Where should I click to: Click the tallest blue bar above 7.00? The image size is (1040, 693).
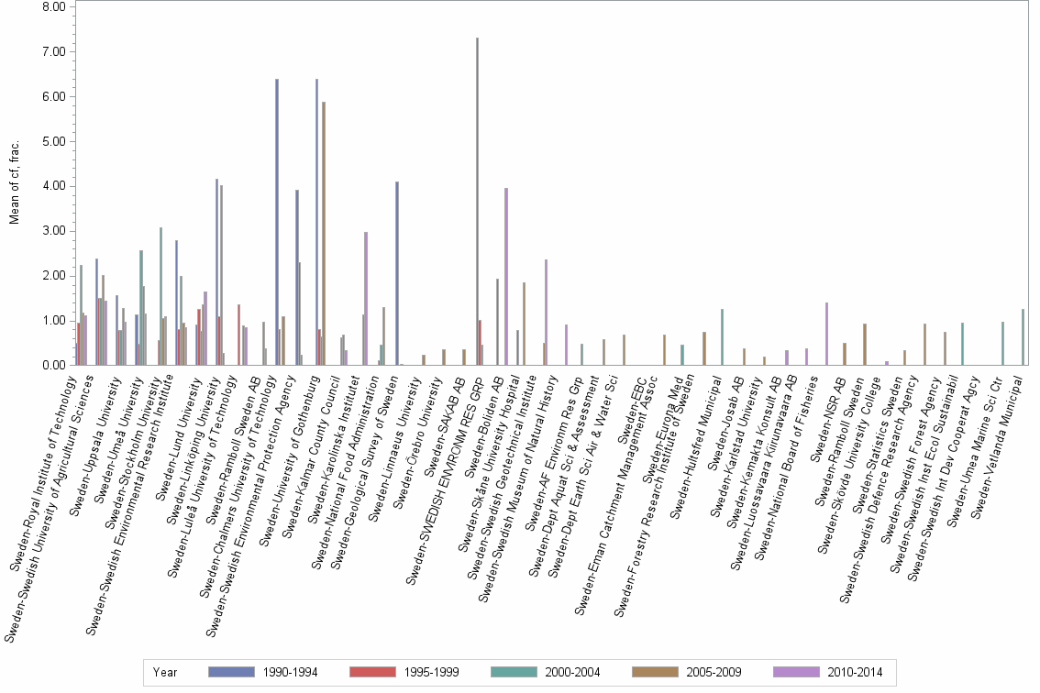477,202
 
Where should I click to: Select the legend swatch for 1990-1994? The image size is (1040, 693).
232,672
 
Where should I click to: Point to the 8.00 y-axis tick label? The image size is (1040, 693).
53,7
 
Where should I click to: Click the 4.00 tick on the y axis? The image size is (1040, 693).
53,186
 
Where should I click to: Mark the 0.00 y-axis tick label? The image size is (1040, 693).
53,366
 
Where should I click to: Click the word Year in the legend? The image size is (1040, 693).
166,672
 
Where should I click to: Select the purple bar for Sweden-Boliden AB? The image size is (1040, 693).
506,275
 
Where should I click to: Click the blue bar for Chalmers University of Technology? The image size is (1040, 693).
277,220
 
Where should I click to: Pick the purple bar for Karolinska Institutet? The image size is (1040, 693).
366,298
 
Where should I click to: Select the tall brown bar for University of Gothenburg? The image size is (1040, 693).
324,234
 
